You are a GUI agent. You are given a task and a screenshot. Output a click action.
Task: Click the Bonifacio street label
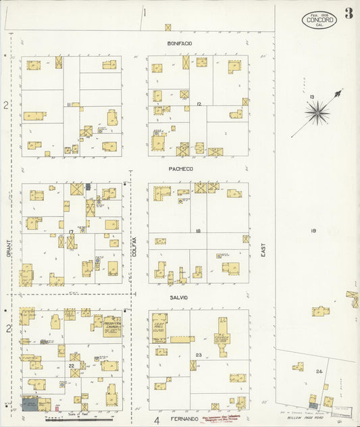click(x=180, y=43)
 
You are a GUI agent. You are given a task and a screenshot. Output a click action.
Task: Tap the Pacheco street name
click(x=180, y=168)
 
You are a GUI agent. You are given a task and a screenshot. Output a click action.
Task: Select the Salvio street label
click(x=180, y=297)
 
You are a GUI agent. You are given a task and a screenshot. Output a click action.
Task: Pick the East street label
click(x=263, y=250)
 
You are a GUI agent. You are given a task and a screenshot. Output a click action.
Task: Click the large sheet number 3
click(x=349, y=14)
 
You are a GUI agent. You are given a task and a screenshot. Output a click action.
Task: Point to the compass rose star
click(x=317, y=112)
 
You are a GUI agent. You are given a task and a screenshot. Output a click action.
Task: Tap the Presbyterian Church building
click(x=111, y=326)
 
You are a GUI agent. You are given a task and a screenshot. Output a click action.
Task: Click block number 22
click(x=71, y=366)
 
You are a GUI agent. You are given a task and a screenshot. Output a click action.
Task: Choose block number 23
click(x=199, y=355)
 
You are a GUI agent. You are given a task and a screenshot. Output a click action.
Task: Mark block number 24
click(x=319, y=372)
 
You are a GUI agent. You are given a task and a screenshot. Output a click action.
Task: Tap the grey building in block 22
click(x=30, y=404)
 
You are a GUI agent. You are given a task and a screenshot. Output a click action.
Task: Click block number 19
click(x=313, y=231)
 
